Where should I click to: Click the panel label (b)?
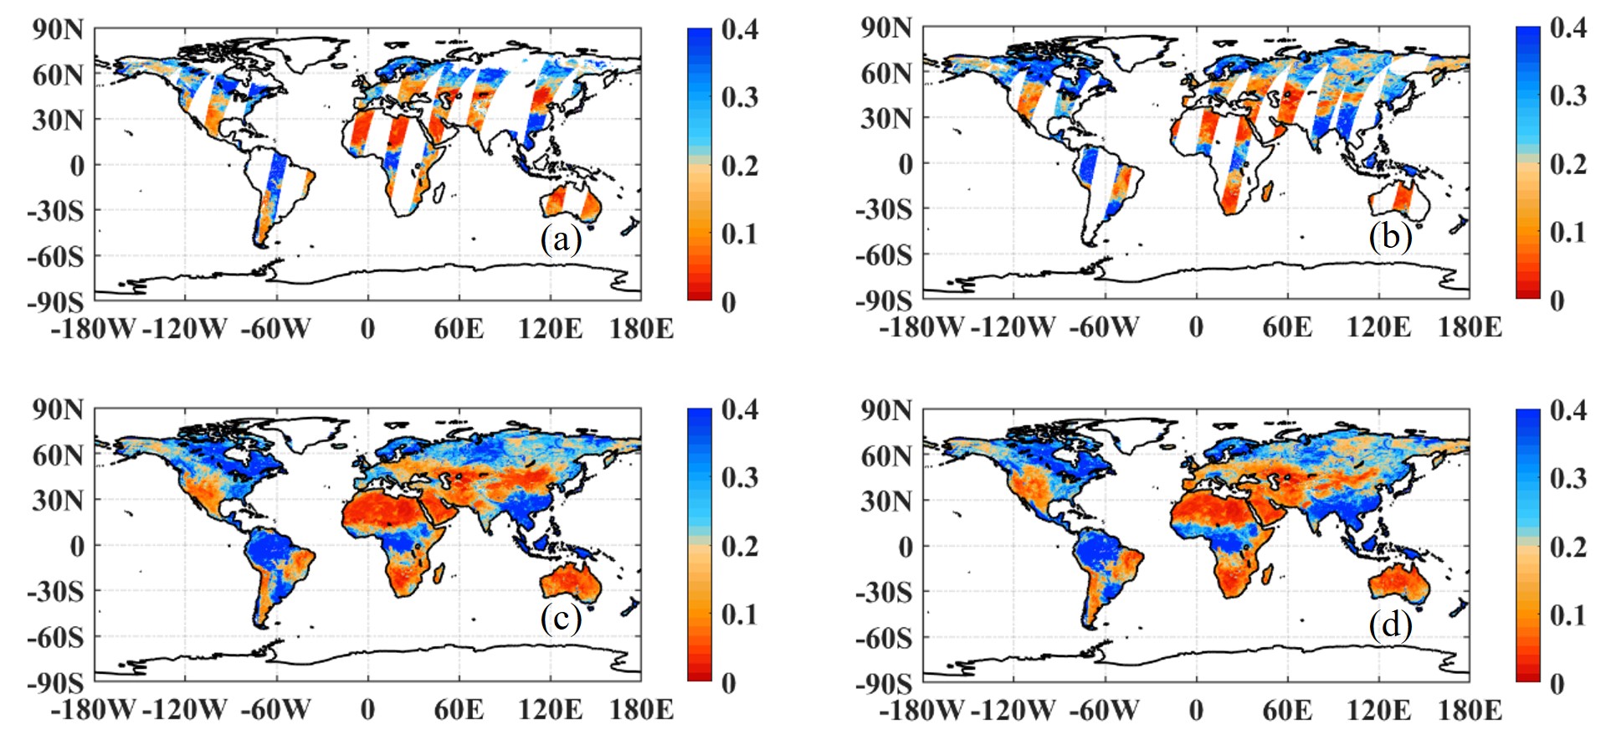(x=1390, y=237)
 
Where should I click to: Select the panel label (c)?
(x=561, y=619)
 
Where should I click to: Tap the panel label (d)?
(x=1390, y=624)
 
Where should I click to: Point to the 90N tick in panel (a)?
(x=58, y=29)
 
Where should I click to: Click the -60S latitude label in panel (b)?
(x=883, y=254)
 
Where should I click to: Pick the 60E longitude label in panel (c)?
(x=459, y=710)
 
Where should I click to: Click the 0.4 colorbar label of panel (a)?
(x=740, y=29)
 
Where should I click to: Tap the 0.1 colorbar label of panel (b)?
(x=1567, y=232)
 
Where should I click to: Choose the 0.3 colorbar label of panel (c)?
(x=740, y=478)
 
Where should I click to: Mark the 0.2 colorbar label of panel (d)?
(x=1567, y=547)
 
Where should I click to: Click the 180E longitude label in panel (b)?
(x=1470, y=326)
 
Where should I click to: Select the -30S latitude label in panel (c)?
(x=55, y=592)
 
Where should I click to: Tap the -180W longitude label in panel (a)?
(x=93, y=328)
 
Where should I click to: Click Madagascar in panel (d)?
(x=1269, y=573)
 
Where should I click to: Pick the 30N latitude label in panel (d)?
(x=886, y=501)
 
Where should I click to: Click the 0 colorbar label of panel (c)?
(x=728, y=683)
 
